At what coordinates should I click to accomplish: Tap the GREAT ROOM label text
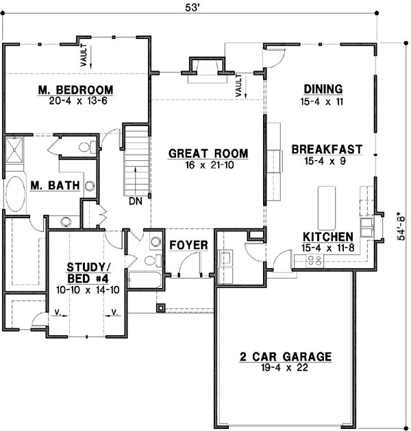point(208,153)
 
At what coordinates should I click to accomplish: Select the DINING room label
point(323,90)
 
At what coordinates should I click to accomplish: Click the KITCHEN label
point(328,237)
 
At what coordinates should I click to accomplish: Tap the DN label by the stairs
point(134,202)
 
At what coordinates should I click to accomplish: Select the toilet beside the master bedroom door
point(86,146)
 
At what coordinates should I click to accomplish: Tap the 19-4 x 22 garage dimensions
point(285,368)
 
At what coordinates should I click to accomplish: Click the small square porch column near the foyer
point(160,308)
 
